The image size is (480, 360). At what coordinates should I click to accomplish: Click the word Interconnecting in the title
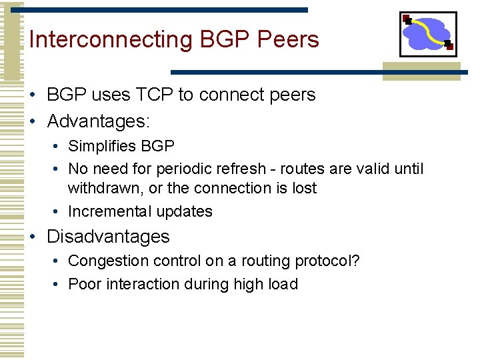click(x=111, y=40)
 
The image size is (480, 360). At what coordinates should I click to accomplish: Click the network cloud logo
click(x=428, y=34)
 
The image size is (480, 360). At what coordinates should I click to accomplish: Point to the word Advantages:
click(x=99, y=121)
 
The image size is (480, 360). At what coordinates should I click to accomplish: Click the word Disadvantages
click(x=108, y=237)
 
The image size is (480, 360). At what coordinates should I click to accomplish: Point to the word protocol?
click(x=327, y=261)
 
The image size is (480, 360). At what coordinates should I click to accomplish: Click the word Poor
click(x=83, y=284)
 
